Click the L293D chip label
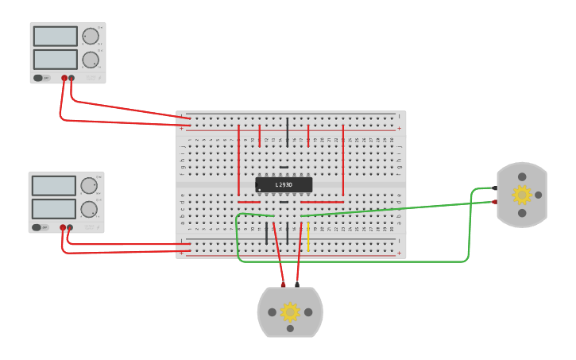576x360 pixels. point(284,185)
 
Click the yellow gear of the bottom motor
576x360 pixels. point(290,312)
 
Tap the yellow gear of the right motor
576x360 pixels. point(521,195)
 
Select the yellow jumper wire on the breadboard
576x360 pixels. point(308,238)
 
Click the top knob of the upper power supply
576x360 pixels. point(91,36)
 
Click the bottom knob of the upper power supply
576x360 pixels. point(91,60)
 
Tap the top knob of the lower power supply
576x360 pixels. point(89,186)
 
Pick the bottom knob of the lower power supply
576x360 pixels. point(89,210)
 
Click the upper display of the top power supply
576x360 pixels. point(56,36)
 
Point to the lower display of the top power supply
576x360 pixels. point(56,60)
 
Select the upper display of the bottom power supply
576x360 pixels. point(54,186)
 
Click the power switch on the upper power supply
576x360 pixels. point(37,78)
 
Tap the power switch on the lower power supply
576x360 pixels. point(36,227)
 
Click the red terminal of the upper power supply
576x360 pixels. point(64,78)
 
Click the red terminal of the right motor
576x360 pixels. point(495,202)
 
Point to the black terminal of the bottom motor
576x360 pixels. point(297,284)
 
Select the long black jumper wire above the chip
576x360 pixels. point(288,129)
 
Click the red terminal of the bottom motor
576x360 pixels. point(283,284)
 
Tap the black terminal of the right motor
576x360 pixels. point(495,188)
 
